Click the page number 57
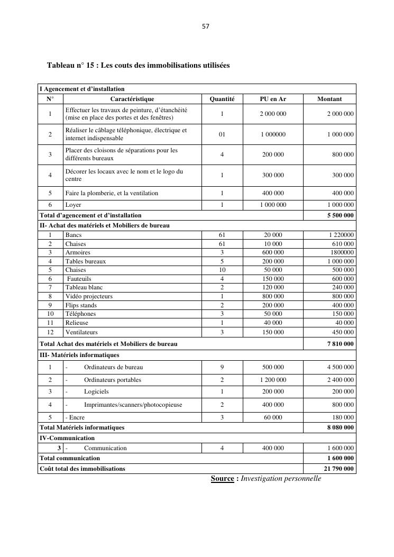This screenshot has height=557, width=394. coord(206,25)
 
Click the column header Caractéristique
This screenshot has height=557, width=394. coord(132,99)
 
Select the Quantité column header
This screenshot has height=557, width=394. coord(222,99)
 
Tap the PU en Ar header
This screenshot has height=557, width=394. coord(273,99)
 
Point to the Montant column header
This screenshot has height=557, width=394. coord(329,99)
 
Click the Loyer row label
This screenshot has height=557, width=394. coord(74,205)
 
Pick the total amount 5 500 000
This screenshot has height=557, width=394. coord(341,215)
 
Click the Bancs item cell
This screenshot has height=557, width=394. coord(74,235)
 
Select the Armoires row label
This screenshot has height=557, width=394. coord(78,252)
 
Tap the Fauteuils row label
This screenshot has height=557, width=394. coord(79,279)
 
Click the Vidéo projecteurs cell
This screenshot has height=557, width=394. coord(89,296)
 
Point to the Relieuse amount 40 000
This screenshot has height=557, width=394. coord(344,323)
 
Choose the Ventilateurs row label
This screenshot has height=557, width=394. coord(81,332)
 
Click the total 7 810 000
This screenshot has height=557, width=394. coord(341,344)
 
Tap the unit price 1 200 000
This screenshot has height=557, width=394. coord(273,380)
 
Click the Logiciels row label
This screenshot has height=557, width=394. coord(96,391)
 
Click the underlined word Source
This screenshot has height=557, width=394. coord(222,479)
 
